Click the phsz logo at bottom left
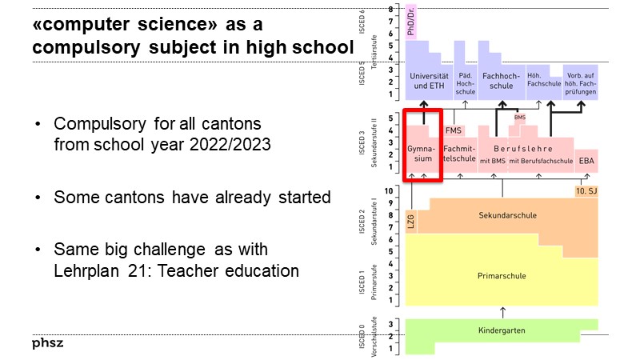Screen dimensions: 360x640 (x=48, y=343)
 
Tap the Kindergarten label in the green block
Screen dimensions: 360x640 (x=502, y=330)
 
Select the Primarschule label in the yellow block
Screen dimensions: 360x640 (x=502, y=276)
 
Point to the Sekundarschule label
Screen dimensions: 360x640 (x=507, y=215)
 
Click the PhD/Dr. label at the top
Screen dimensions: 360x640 (x=411, y=22)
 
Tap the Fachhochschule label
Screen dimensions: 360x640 (x=501, y=81)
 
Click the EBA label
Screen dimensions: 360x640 (x=586, y=160)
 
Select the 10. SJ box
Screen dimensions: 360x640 (x=586, y=192)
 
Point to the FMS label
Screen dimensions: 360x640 (x=454, y=130)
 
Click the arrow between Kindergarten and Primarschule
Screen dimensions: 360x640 (x=502, y=311)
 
